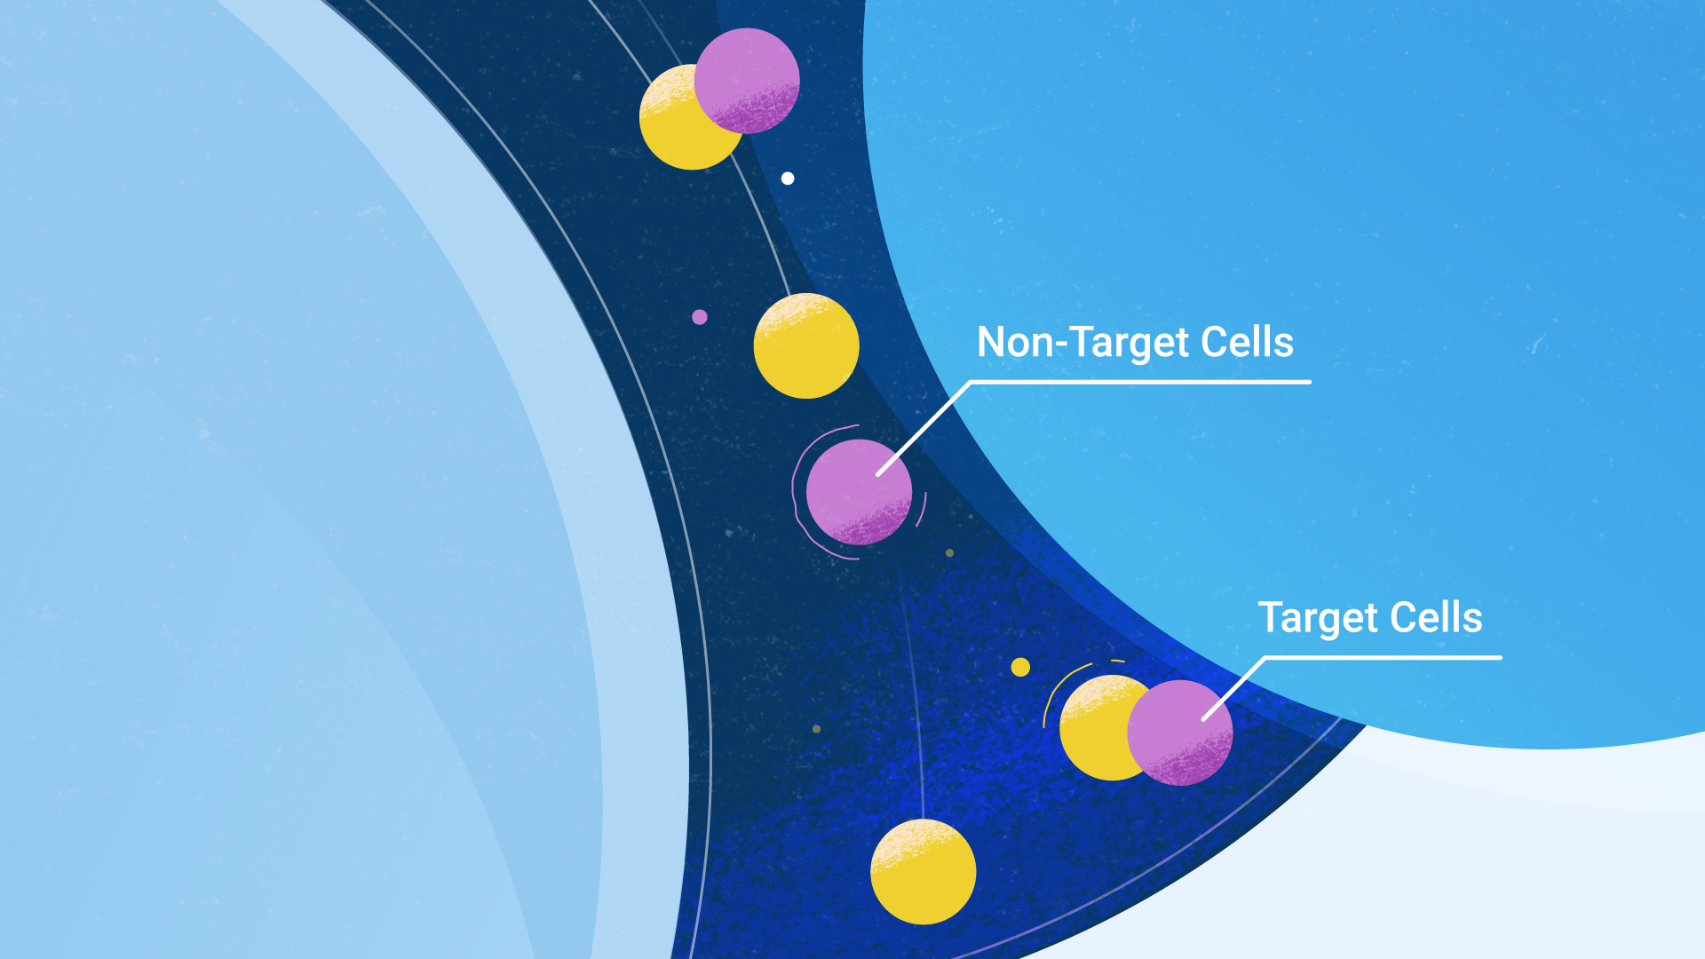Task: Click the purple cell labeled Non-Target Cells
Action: click(x=859, y=492)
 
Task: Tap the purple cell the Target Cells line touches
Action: click(x=1180, y=733)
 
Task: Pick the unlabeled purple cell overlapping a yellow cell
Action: click(x=747, y=81)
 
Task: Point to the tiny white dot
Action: click(x=788, y=178)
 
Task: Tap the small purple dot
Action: click(x=700, y=317)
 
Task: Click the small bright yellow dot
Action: click(x=1020, y=667)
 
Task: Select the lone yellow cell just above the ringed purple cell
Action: click(x=806, y=345)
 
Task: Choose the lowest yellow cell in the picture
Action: click(x=924, y=872)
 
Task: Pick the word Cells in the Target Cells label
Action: click(x=1436, y=617)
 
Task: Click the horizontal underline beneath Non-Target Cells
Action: click(x=1140, y=382)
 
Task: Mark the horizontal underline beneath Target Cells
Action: click(x=1384, y=657)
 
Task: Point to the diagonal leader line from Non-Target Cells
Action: click(x=924, y=428)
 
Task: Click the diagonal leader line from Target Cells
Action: click(x=1234, y=688)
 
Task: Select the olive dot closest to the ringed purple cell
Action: click(x=949, y=552)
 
